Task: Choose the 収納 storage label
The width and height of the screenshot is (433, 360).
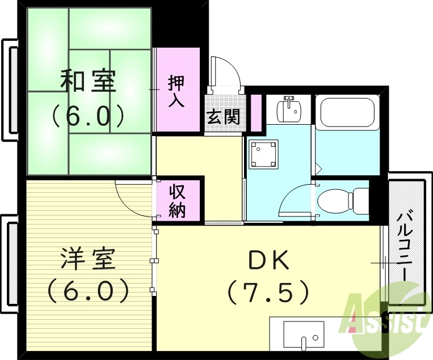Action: click(x=177, y=201)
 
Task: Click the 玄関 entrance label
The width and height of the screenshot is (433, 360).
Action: click(x=222, y=117)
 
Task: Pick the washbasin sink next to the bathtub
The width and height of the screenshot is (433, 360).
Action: click(x=289, y=109)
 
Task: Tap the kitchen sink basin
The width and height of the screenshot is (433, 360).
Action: click(x=304, y=334)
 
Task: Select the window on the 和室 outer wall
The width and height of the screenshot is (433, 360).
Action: click(x=10, y=89)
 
